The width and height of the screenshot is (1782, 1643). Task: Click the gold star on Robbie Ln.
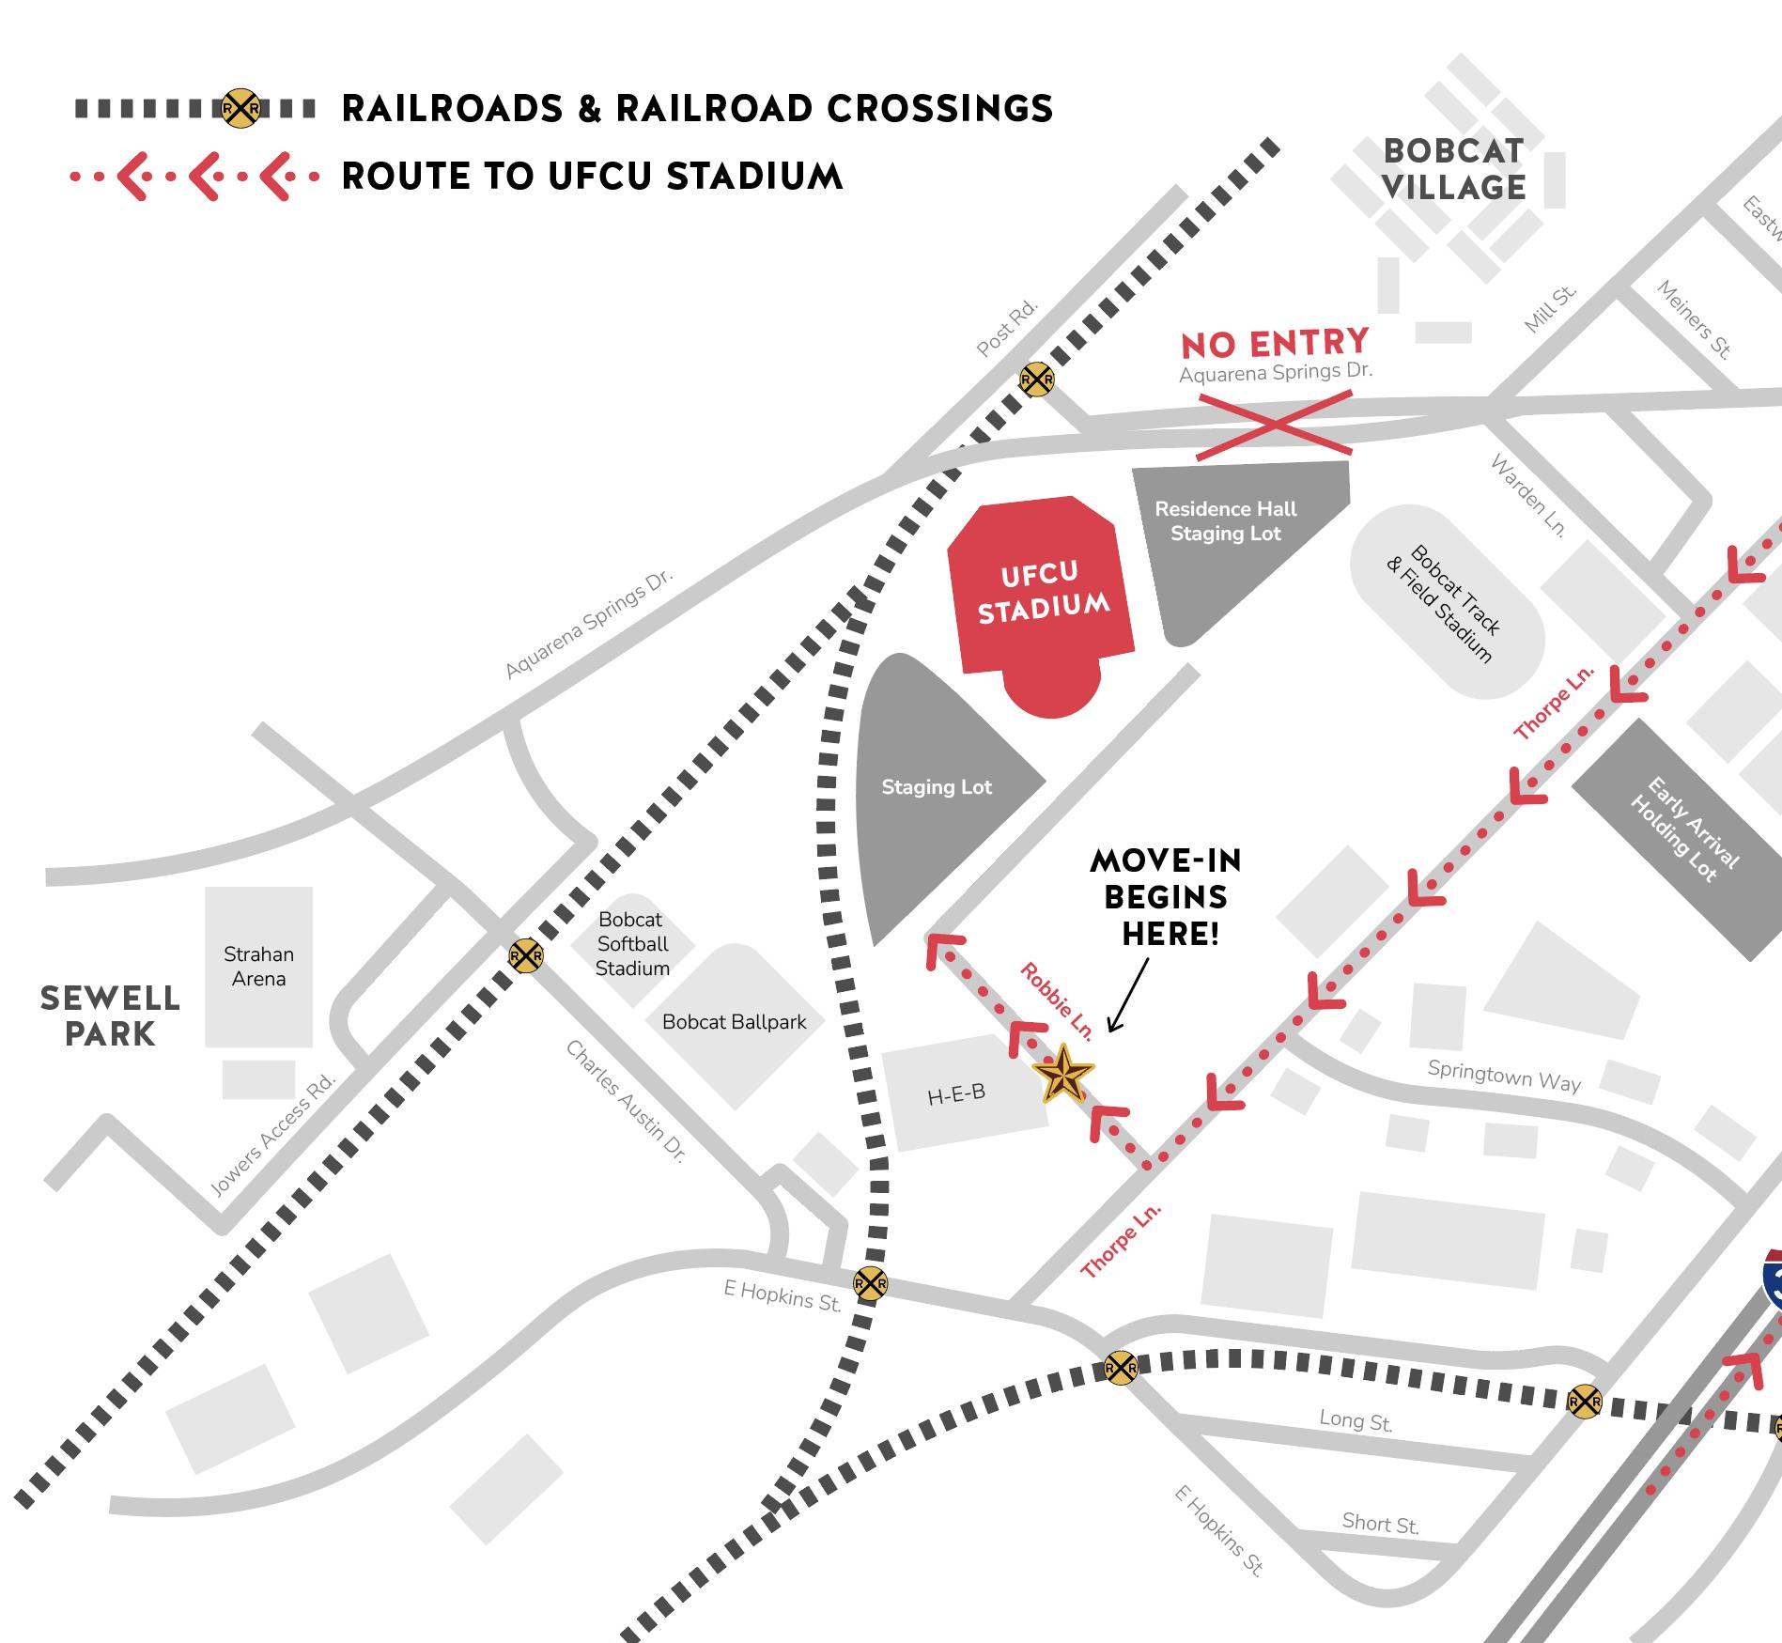pyautogui.click(x=1063, y=1073)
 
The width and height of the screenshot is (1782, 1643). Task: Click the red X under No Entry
pyautogui.click(x=1275, y=426)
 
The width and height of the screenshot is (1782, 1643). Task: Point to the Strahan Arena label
pyautogui.click(x=258, y=966)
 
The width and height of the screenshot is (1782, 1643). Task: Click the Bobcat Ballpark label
pyautogui.click(x=734, y=1022)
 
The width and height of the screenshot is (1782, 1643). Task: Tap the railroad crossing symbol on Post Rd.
pyautogui.click(x=1037, y=380)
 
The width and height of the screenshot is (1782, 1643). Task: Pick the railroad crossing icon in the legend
pyautogui.click(x=240, y=109)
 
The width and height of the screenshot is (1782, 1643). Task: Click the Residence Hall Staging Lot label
pyautogui.click(x=1225, y=521)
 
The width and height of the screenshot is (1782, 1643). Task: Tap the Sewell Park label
pyautogui.click(x=110, y=1015)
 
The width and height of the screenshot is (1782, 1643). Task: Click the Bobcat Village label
pyautogui.click(x=1453, y=169)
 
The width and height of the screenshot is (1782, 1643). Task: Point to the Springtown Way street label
pyautogui.click(x=1504, y=1076)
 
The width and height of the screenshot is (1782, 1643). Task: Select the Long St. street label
pyautogui.click(x=1356, y=1420)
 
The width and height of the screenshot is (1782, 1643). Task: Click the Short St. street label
pyautogui.click(x=1379, y=1523)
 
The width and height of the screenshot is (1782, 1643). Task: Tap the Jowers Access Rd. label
pyautogui.click(x=272, y=1136)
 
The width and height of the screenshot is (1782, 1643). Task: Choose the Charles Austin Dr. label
pyautogui.click(x=626, y=1101)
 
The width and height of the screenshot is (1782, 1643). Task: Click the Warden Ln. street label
pyautogui.click(x=1528, y=496)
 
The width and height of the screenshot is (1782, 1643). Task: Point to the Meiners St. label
pyautogui.click(x=1693, y=319)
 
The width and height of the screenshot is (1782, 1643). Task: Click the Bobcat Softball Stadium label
pyautogui.click(x=632, y=944)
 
